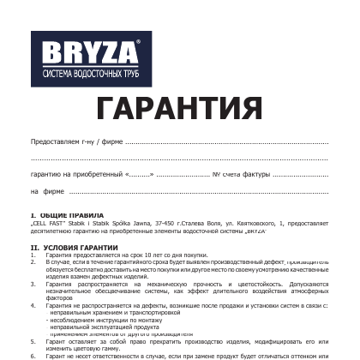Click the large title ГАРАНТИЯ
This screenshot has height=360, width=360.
pyautogui.click(x=179, y=108)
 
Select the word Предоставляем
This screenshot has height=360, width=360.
pyautogui.click(x=54, y=141)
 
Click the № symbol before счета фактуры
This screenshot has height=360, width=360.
pyautogui.click(x=216, y=174)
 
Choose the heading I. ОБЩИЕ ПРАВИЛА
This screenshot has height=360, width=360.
pyautogui.click(x=68, y=215)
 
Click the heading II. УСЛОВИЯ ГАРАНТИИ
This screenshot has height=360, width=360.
pyautogui.click(x=75, y=247)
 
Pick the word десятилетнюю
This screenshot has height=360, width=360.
pyautogui.click(x=52, y=231)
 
